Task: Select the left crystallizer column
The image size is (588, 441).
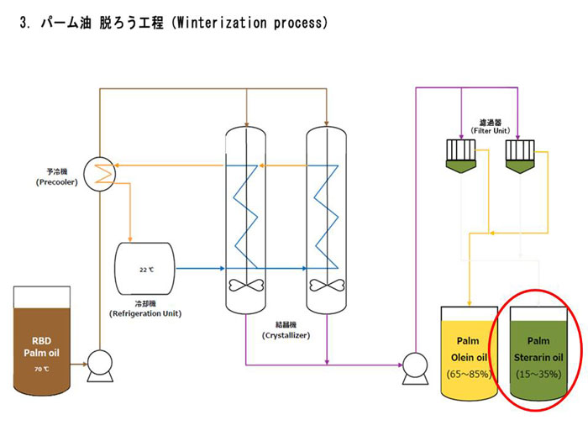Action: [246, 218]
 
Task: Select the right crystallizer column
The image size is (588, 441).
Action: [326, 218]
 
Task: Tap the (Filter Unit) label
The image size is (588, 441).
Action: [490, 130]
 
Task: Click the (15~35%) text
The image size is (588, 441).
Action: [538, 374]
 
